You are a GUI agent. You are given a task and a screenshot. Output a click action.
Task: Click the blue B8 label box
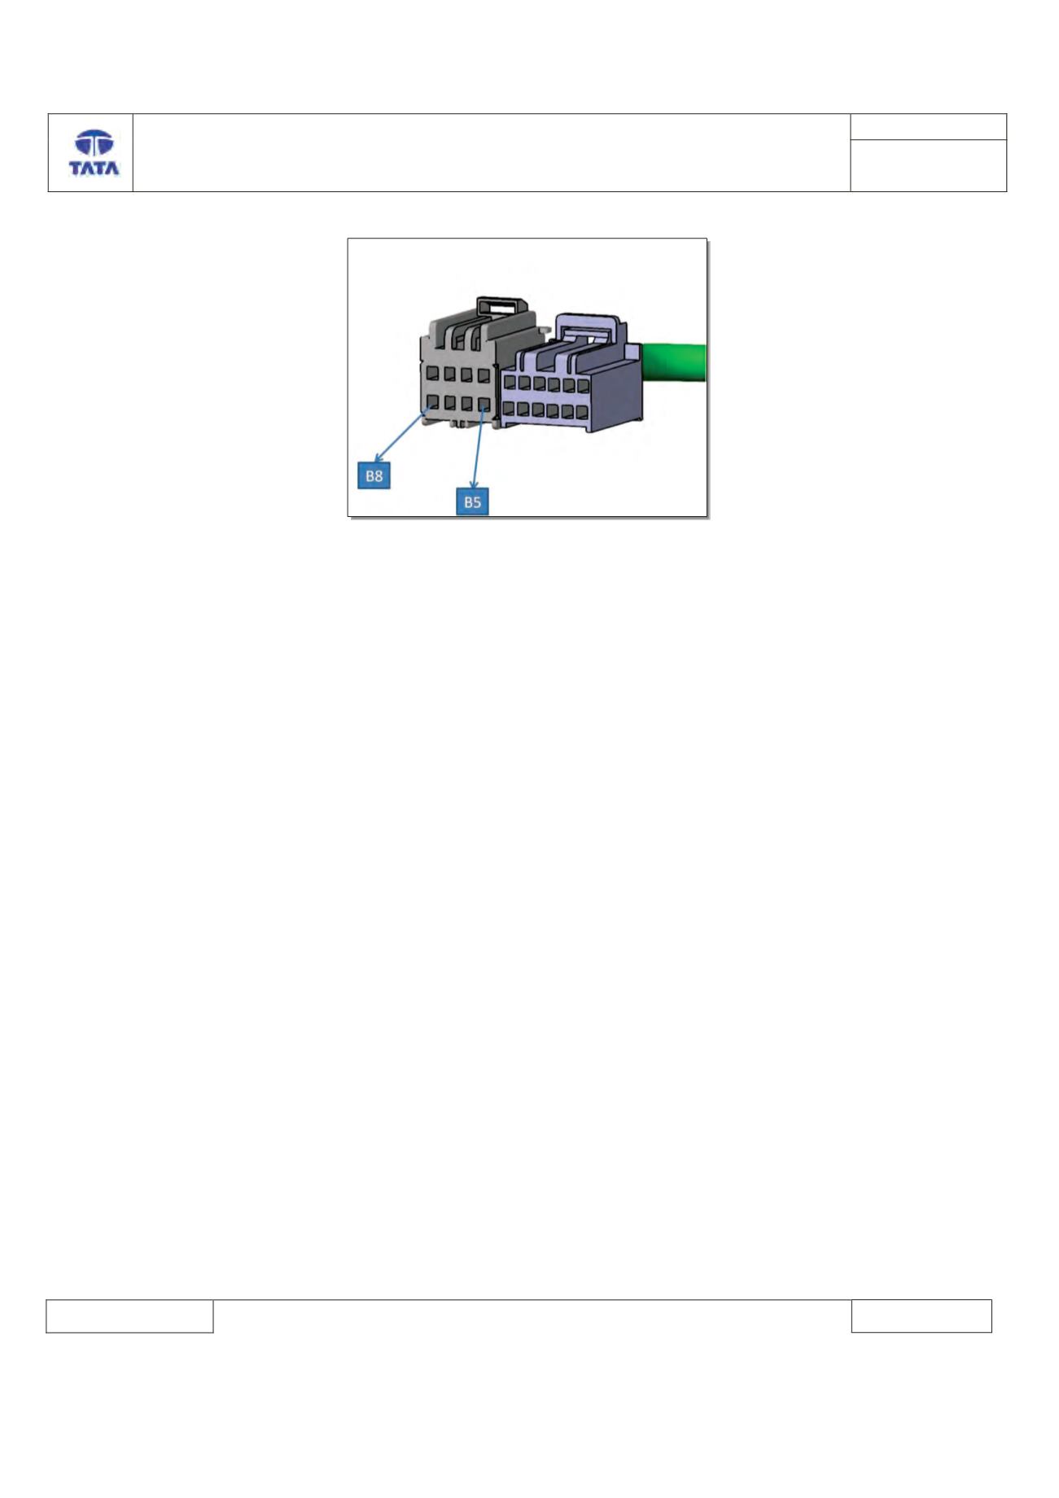pyautogui.click(x=374, y=475)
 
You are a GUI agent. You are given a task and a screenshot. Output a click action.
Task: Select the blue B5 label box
pyautogui.click(x=472, y=502)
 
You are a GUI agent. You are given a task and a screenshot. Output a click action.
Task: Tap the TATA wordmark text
pyautogui.click(x=94, y=169)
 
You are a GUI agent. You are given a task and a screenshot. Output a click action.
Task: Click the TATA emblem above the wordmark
pyautogui.click(x=94, y=144)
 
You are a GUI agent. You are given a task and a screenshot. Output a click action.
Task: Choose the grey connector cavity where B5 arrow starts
pyautogui.click(x=484, y=402)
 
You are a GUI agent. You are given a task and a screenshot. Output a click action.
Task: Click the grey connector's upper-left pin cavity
pyautogui.click(x=433, y=374)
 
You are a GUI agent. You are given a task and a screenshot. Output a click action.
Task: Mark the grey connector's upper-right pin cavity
pyautogui.click(x=484, y=374)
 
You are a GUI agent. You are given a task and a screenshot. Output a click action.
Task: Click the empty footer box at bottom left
pyautogui.click(x=129, y=1316)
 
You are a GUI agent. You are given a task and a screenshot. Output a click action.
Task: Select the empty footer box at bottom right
pyautogui.click(x=921, y=1316)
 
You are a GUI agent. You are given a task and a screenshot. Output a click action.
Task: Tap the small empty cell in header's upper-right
pyautogui.click(x=929, y=126)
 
